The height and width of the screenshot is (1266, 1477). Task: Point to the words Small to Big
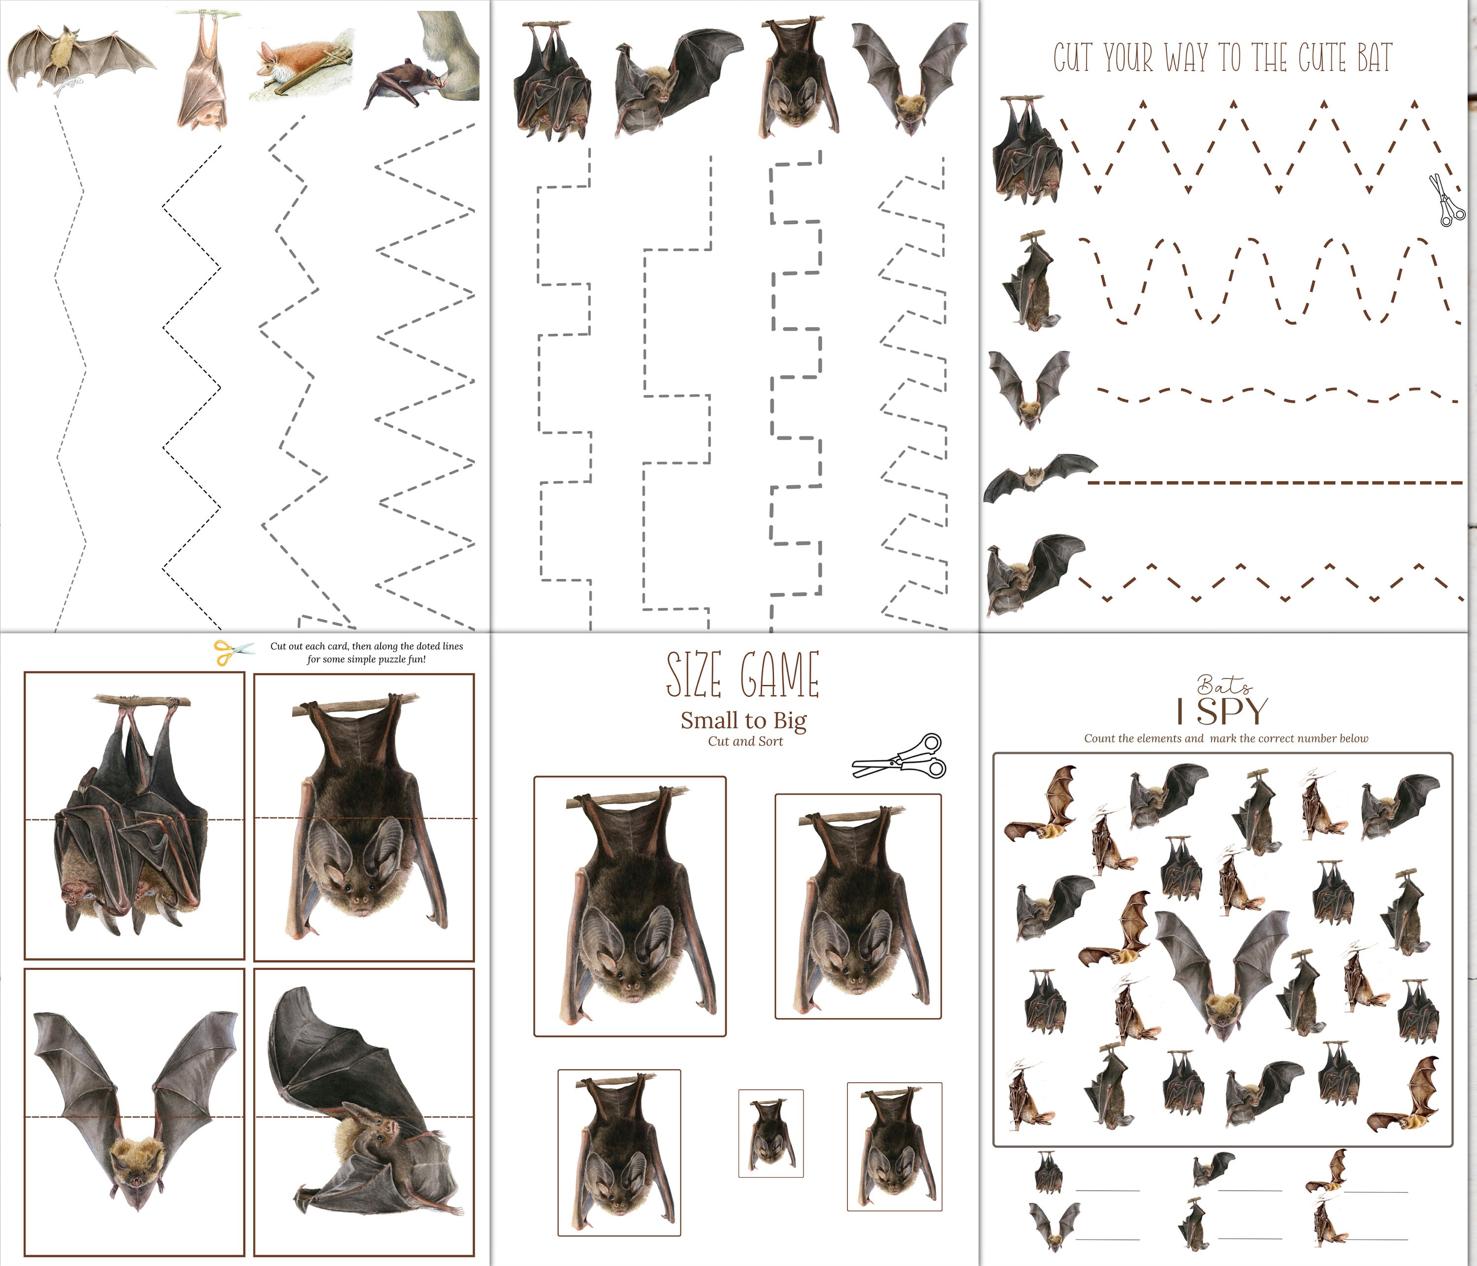(x=743, y=721)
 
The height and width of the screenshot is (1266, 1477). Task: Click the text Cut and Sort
(x=745, y=742)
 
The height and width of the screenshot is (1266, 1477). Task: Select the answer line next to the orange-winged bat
(x=1375, y=1191)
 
